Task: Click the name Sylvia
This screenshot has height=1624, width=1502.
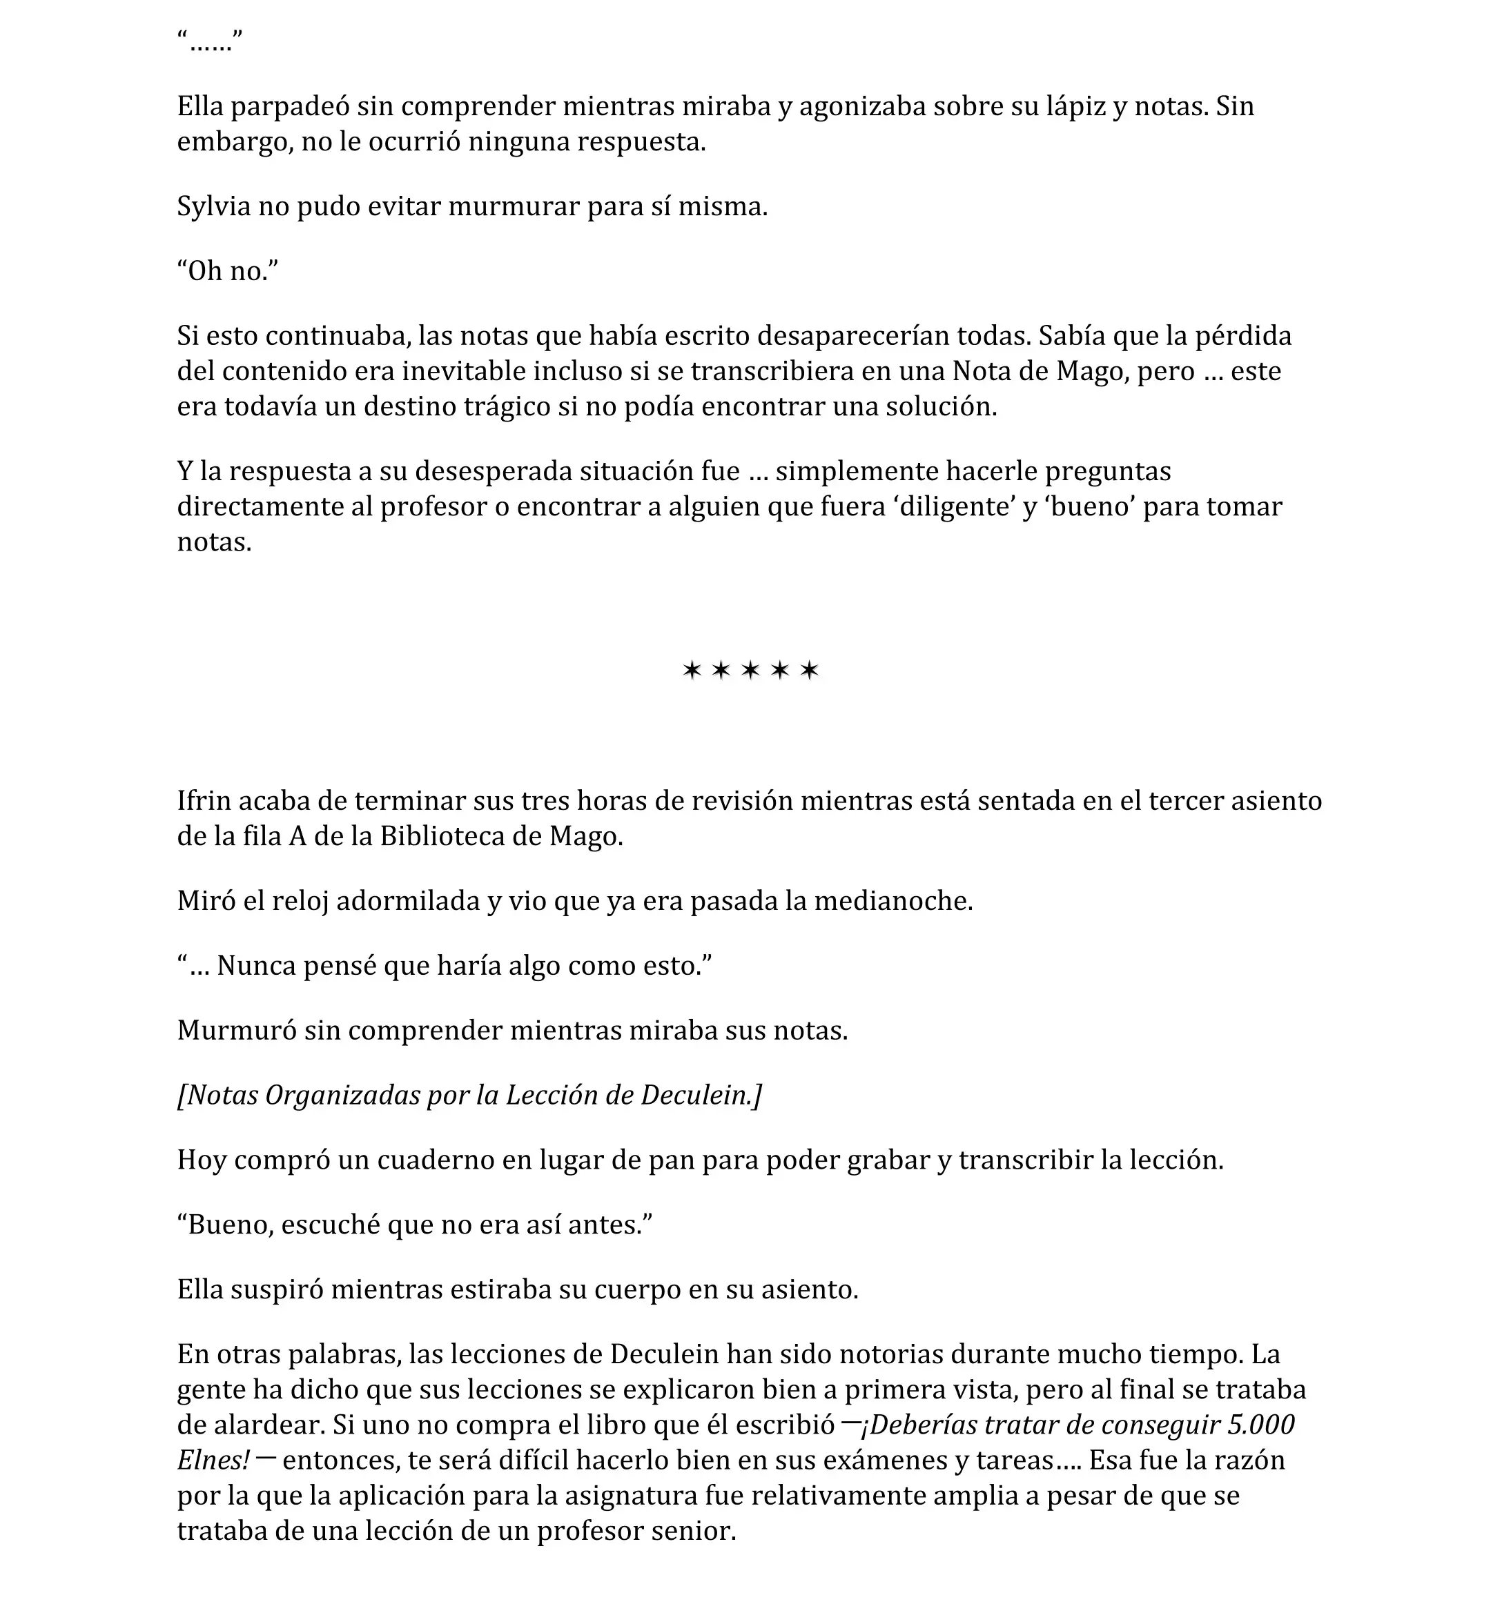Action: coord(214,207)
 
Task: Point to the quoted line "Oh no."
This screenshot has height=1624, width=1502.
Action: coord(228,271)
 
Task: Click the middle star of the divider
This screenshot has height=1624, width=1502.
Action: coord(750,671)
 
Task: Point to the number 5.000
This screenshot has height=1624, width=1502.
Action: coord(1261,1425)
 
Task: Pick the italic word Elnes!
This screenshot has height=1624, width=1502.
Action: coord(214,1460)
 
